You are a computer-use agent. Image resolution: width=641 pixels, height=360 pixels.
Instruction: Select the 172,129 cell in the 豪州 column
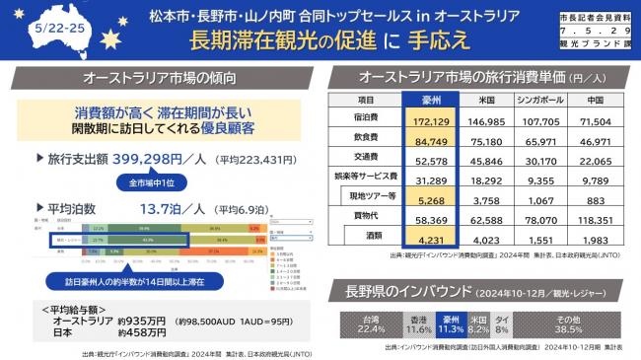(x=431, y=119)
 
